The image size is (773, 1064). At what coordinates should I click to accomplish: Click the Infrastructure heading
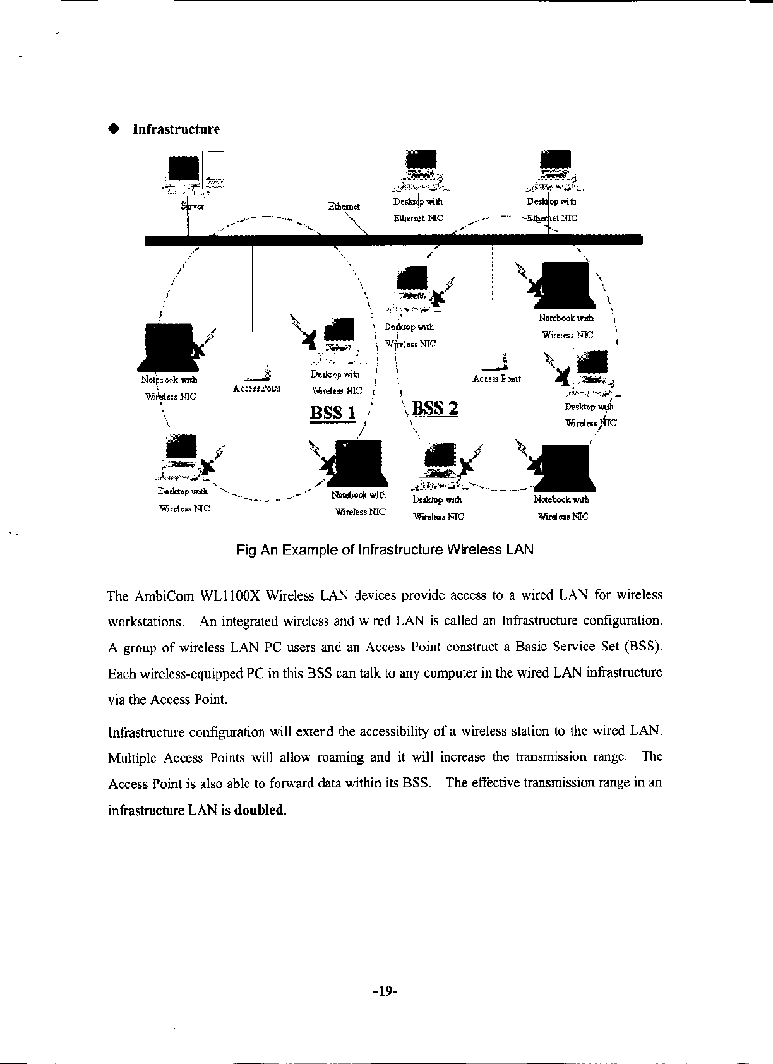click(x=176, y=129)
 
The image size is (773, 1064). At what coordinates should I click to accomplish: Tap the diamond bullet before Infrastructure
click(x=114, y=129)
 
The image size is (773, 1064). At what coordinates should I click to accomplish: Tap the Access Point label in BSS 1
click(x=256, y=388)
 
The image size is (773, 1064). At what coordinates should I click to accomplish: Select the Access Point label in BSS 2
click(x=496, y=379)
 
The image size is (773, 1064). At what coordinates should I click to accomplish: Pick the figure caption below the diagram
click(x=385, y=549)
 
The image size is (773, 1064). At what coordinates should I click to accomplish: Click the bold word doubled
click(x=260, y=810)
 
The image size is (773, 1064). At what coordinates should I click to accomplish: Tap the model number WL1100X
click(x=229, y=595)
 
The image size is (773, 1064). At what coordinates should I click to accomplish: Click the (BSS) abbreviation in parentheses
click(x=642, y=647)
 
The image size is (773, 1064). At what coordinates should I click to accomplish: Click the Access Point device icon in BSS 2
click(x=496, y=363)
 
